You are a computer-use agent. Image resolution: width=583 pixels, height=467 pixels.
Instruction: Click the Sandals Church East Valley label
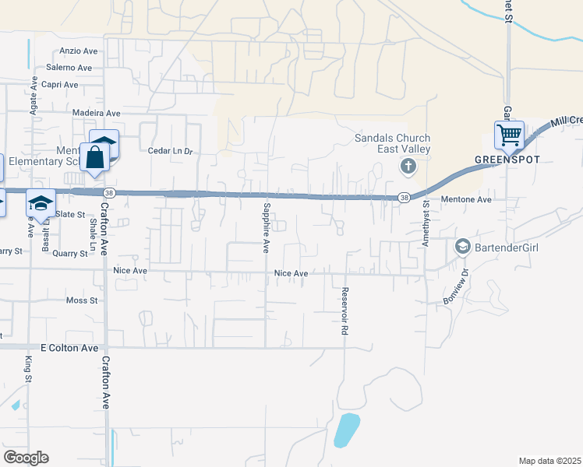(392, 143)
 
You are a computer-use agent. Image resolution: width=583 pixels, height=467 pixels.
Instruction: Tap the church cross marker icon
(407, 167)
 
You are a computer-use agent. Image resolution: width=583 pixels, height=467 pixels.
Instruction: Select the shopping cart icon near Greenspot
(509, 135)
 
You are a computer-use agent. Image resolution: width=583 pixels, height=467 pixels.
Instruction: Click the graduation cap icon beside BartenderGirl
(462, 247)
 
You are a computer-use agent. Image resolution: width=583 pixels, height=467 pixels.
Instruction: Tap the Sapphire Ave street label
(267, 228)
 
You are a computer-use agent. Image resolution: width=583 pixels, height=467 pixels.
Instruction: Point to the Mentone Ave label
(467, 199)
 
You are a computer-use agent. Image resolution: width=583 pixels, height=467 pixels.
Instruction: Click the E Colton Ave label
(69, 348)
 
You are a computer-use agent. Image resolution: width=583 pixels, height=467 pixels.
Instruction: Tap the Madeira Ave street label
(96, 113)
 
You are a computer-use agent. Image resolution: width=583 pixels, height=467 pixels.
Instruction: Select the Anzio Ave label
(78, 51)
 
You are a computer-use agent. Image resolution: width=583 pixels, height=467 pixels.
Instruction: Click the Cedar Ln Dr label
(170, 151)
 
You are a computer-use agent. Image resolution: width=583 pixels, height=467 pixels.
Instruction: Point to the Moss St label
(81, 300)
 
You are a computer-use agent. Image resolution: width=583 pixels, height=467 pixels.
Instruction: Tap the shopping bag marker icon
(95, 157)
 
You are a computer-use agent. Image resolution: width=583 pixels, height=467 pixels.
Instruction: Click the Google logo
(26, 458)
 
